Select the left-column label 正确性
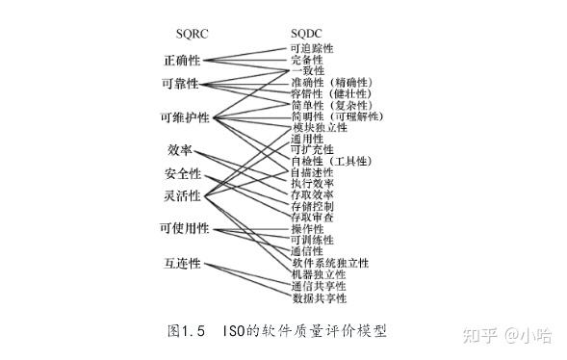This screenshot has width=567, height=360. pos(182,61)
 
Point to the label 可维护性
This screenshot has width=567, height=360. pos(186,119)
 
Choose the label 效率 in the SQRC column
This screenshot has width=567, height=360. pos(180,150)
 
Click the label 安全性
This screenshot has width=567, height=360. pos(182,174)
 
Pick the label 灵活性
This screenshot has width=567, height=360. pos(182,196)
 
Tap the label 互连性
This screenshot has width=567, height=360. pos(182,263)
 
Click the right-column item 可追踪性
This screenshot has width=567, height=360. pos(312,48)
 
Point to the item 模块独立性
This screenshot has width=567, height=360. pos(319,127)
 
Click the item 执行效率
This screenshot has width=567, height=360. pos(312,183)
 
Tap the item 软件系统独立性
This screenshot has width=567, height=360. pos(330,263)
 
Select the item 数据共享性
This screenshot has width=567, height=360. pos(318,298)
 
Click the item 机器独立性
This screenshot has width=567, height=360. pos(318,274)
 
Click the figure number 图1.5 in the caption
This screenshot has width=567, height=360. pos(189,331)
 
